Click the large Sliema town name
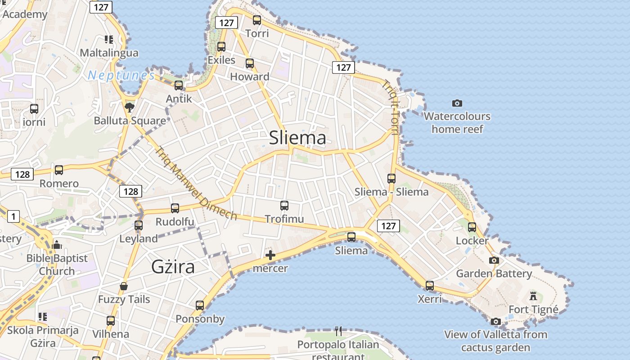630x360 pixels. point(297,138)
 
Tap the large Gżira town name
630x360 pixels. point(173,267)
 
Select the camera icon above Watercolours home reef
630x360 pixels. point(457,103)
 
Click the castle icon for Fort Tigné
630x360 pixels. point(533,296)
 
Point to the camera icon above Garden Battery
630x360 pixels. point(494,260)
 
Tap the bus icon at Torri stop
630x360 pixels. point(257,20)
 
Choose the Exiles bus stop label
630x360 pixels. point(221,60)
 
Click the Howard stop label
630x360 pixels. point(250,76)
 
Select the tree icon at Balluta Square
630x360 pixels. point(130,107)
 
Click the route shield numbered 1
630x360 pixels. point(13,216)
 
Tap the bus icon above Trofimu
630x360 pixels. point(284,206)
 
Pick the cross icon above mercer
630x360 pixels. point(270,256)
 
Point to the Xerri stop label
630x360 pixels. point(430,299)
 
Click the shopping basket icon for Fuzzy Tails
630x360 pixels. point(124,286)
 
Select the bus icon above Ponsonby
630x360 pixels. point(200,306)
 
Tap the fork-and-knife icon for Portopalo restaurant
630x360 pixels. point(338,331)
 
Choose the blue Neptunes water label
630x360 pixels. point(121,75)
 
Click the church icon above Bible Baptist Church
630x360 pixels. point(57,245)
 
